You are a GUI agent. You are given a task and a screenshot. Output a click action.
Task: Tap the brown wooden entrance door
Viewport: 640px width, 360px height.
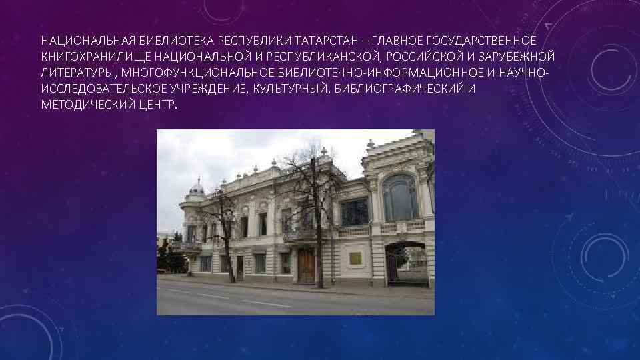305,265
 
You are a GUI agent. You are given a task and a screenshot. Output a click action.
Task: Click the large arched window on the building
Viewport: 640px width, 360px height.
400,198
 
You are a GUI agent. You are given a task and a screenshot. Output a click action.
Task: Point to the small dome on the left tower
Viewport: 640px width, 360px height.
196,187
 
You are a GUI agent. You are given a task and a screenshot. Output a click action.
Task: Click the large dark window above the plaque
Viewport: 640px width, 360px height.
354,213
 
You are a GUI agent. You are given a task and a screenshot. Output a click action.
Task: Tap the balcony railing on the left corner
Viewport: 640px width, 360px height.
186,245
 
